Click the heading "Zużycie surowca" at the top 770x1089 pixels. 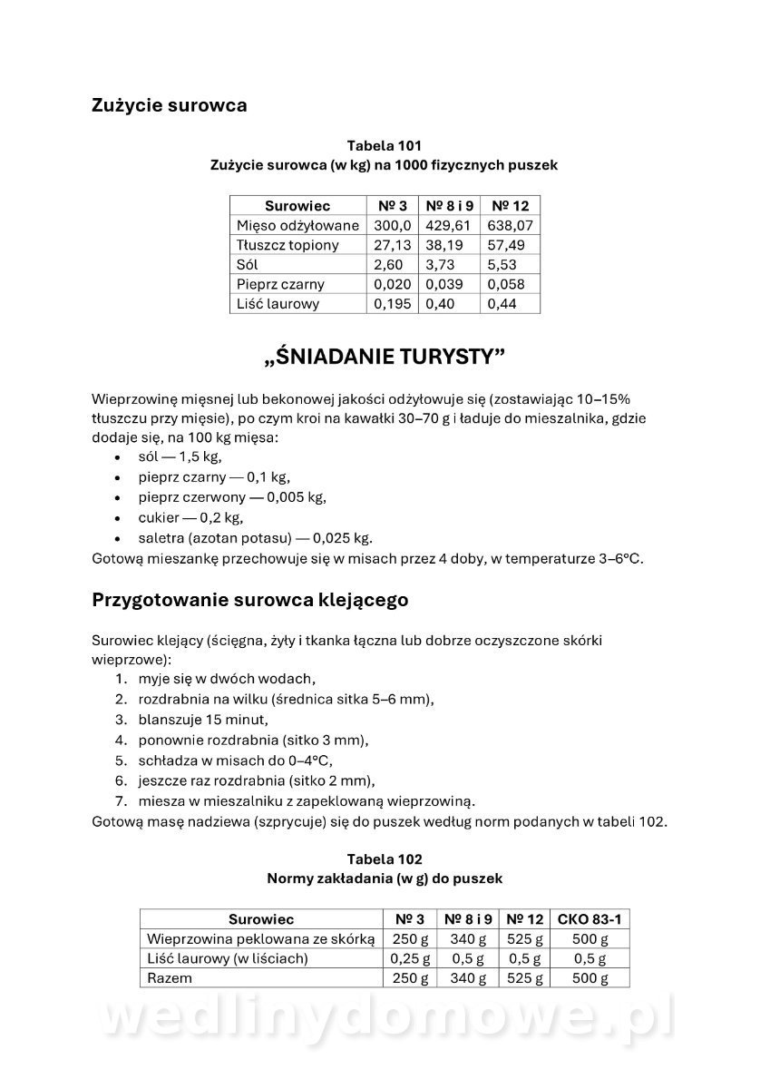(169, 105)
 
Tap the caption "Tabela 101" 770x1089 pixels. (384, 145)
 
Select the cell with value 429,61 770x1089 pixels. (448, 225)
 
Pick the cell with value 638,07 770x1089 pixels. (510, 225)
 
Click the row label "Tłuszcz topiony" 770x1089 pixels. (288, 245)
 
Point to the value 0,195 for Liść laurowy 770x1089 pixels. (391, 304)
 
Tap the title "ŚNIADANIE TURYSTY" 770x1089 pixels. (384, 357)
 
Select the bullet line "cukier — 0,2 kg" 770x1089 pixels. (190, 517)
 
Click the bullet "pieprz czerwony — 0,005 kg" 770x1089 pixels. (232, 497)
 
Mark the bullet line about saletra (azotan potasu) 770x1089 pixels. (255, 537)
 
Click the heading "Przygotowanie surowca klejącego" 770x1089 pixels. (249, 600)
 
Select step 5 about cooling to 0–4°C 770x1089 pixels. (235, 760)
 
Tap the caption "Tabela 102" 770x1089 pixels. (384, 858)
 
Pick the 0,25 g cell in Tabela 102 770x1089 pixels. (409, 958)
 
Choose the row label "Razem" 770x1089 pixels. (170, 978)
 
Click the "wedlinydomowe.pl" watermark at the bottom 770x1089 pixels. (385, 1018)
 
